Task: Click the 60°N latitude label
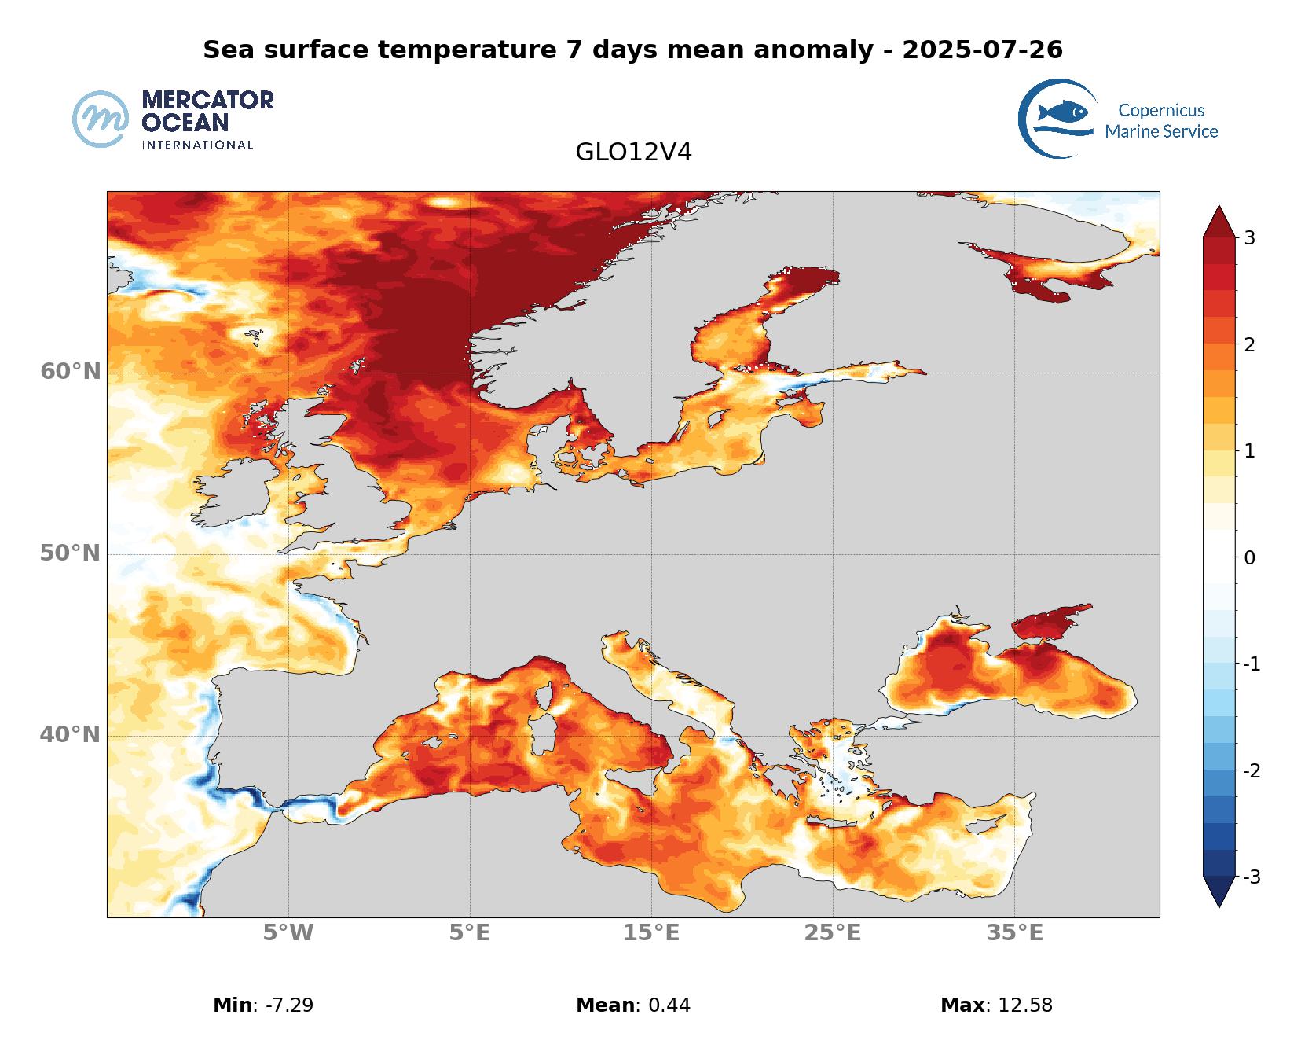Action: (71, 371)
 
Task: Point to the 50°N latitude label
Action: (71, 553)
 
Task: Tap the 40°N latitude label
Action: (71, 735)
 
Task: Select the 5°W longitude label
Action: (288, 933)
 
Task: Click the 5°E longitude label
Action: (470, 933)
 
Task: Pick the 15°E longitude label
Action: (651, 933)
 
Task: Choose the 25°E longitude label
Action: (833, 933)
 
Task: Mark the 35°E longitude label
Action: (1014, 933)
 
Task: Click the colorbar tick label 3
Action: (1249, 238)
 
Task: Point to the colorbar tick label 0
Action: (1249, 558)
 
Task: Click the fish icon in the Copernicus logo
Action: (1062, 112)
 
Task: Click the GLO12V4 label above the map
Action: (633, 153)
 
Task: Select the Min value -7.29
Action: (284, 1005)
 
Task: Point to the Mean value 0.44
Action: (669, 1005)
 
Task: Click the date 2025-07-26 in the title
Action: (982, 50)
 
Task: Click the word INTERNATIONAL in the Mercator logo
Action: (197, 145)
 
